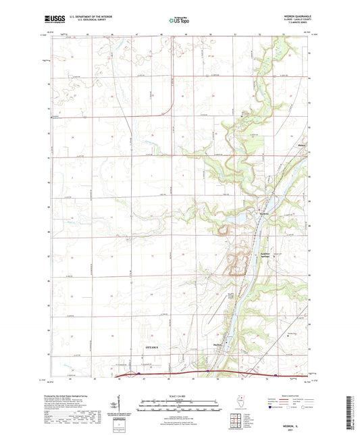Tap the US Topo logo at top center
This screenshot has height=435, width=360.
(180, 21)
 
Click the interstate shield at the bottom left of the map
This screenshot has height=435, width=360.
(139, 372)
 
